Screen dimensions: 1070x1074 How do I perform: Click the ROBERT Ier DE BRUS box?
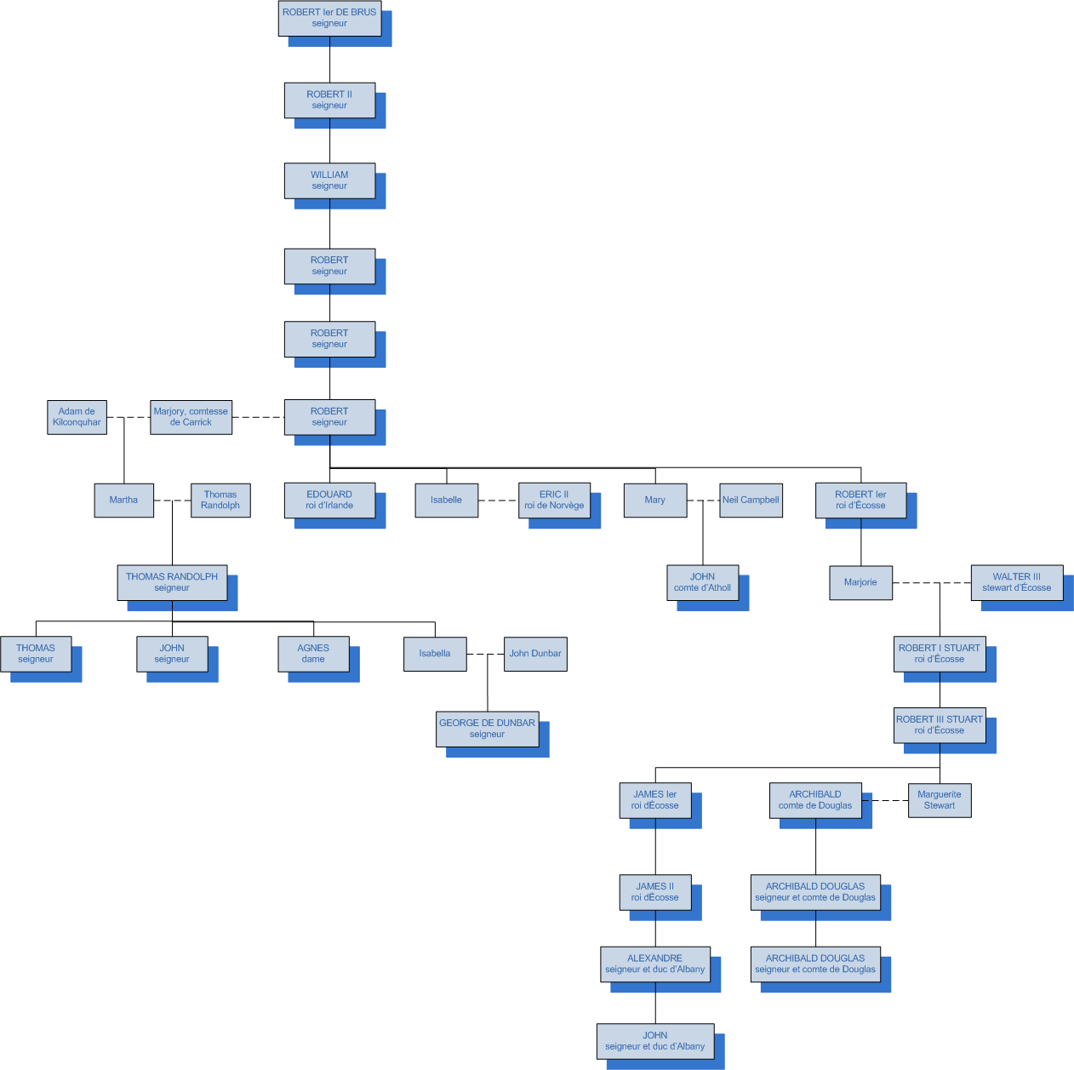[329, 18]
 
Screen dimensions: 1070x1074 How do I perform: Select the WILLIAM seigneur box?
[329, 180]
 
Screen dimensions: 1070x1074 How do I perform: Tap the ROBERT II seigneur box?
[329, 100]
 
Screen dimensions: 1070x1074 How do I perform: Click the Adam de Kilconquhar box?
[77, 417]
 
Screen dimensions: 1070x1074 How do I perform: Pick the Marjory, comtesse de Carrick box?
[191, 417]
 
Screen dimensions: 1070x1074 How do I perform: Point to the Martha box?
[123, 501]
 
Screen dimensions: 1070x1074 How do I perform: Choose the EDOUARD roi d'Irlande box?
[329, 501]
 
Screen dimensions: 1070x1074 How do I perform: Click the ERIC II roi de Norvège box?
[554, 501]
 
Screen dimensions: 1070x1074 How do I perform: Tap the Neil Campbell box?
[751, 501]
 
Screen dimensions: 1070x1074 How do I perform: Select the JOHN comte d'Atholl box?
[702, 582]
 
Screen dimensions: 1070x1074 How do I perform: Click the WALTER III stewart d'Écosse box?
[1016, 582]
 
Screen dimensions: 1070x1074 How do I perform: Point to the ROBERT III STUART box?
[940, 725]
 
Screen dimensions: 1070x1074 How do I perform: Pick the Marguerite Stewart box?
[940, 800]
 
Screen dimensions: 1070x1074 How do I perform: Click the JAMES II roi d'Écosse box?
[654, 892]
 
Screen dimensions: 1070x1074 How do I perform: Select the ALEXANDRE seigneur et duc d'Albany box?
[654, 964]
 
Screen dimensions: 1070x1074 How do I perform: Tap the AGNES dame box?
[313, 654]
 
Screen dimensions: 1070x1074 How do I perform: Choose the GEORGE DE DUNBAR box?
[487, 729]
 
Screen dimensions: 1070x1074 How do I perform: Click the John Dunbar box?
[535, 654]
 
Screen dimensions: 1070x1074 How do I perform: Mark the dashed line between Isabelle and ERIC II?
[499, 501]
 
